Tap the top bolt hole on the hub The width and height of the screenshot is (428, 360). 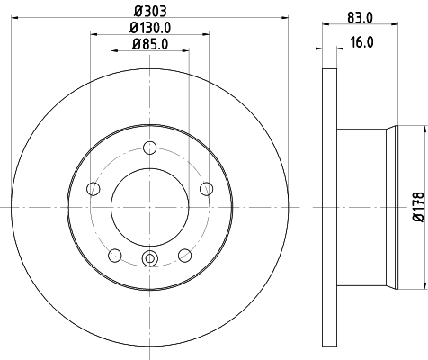150,150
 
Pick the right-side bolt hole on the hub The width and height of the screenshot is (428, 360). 207,188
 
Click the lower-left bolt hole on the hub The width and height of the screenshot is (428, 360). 114,256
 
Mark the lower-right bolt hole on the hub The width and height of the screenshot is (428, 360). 185,256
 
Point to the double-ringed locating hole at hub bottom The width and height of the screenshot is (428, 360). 150,262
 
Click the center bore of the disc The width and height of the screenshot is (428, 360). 150,207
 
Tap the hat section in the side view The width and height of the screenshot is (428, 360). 364,207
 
